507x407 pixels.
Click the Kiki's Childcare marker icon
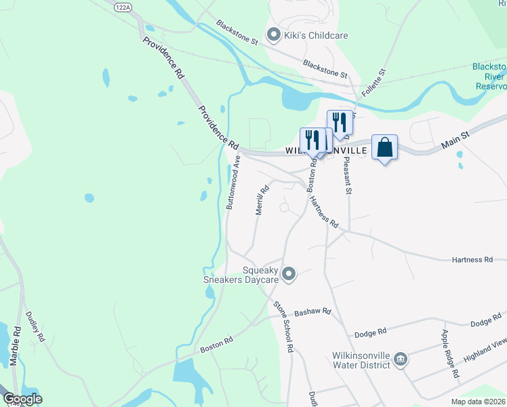[274, 34]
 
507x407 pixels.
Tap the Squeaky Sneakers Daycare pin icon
[289, 273]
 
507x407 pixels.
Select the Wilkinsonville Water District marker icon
[400, 358]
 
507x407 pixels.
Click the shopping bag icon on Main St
[384, 147]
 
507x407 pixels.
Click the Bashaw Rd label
[312, 312]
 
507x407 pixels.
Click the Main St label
[455, 140]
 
